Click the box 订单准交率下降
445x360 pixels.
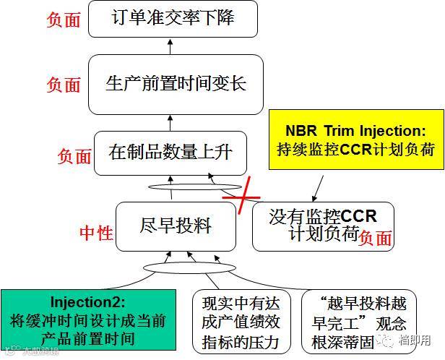[x=173, y=20]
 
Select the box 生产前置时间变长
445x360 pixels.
[x=172, y=83]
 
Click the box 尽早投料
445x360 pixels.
[x=176, y=226]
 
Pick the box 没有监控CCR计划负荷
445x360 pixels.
[x=323, y=226]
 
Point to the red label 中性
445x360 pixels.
[x=95, y=233]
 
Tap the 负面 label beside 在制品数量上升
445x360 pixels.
[x=74, y=155]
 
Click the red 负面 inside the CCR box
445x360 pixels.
[x=376, y=238]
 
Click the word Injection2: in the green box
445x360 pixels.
[x=88, y=301]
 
